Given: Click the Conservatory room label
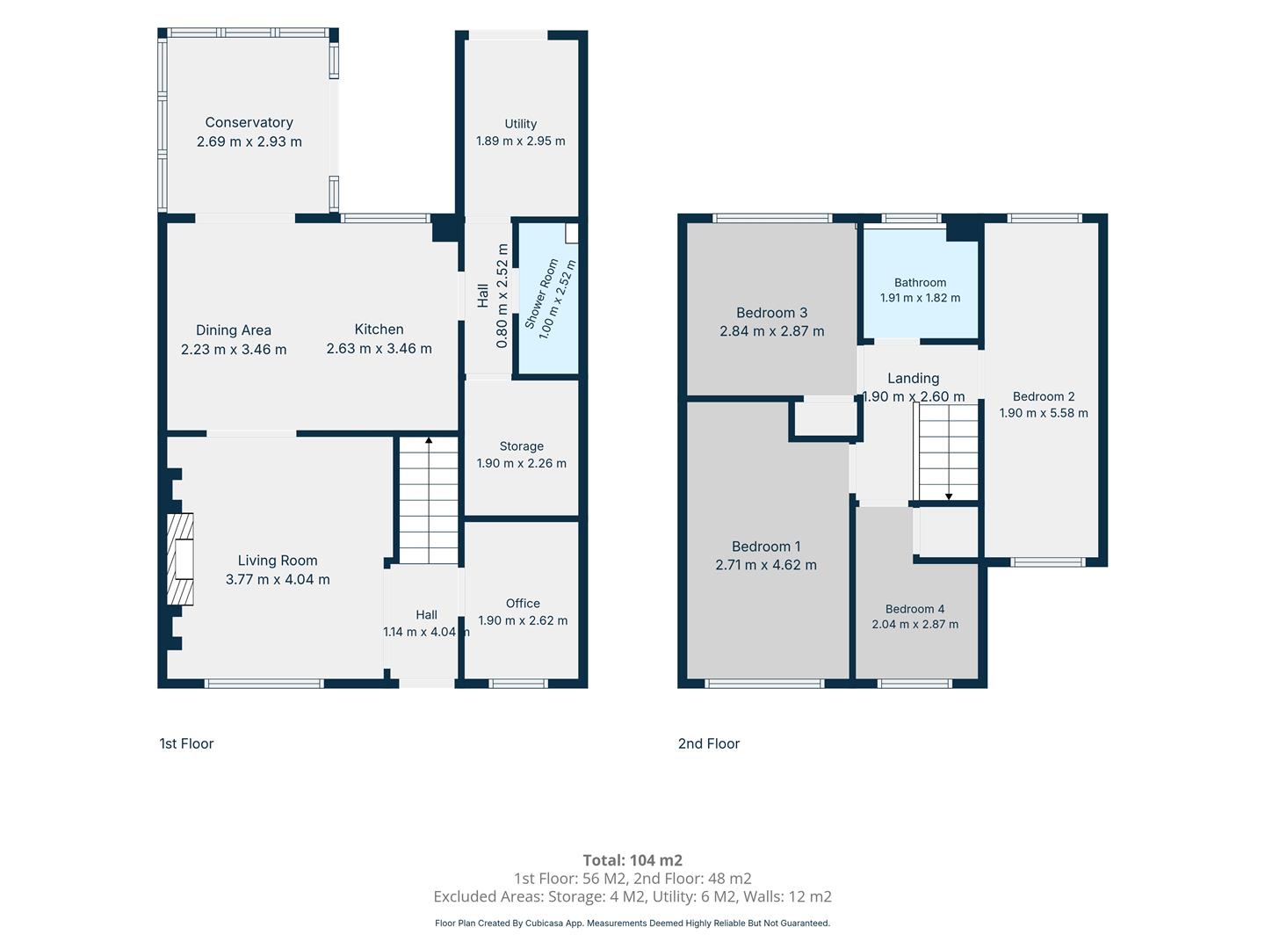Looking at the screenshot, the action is (249, 122).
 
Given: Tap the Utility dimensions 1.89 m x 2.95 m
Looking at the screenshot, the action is (520, 141).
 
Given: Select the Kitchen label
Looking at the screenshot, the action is (379, 329).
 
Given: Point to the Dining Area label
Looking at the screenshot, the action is (234, 330).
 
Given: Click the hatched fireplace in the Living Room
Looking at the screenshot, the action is (180, 559).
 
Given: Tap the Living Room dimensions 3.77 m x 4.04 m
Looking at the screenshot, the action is (278, 579).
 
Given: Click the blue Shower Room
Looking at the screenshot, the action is (547, 299).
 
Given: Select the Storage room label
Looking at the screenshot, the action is (522, 446).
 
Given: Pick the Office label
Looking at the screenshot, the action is (523, 604).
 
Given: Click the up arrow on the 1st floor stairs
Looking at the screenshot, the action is (429, 441).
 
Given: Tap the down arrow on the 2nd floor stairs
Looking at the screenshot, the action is (949, 496).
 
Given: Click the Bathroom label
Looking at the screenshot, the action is (920, 282).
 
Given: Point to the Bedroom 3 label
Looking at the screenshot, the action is (771, 312).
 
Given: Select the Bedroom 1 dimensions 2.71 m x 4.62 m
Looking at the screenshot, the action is (766, 565).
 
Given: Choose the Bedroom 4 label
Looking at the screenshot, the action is (914, 609).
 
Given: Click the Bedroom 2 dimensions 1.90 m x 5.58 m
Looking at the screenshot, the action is (1044, 413).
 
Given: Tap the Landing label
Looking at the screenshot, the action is (913, 378).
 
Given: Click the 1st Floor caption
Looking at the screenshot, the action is (186, 743).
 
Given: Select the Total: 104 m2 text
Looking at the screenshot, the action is (632, 859).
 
